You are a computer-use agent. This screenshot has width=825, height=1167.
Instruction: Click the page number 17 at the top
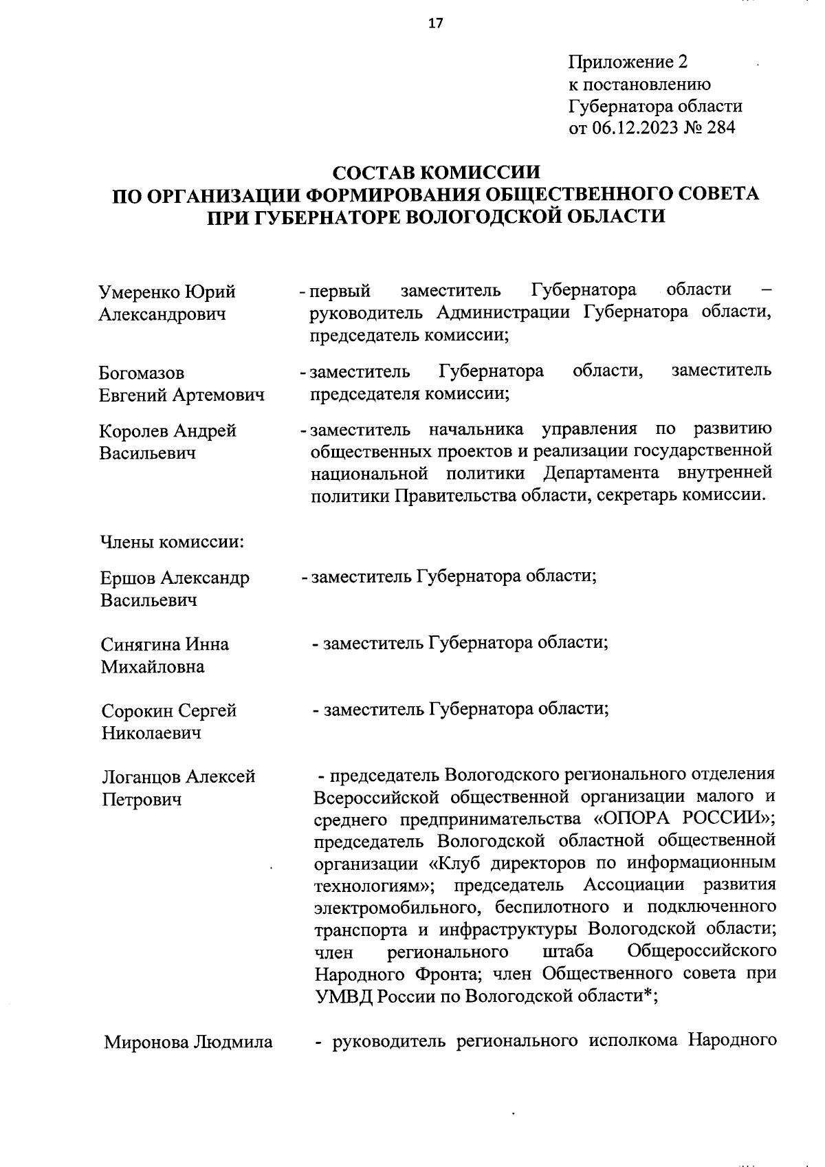click(x=435, y=23)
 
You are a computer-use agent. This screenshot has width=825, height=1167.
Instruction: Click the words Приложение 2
click(x=628, y=63)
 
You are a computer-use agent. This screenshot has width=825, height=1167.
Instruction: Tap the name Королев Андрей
click(x=168, y=430)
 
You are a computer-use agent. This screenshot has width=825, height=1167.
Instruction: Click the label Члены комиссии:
click(x=172, y=542)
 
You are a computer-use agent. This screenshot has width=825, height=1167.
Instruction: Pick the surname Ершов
click(x=126, y=578)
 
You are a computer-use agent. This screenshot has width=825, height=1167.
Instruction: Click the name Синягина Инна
click(x=165, y=644)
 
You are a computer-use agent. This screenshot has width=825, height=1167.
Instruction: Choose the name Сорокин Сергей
click(x=169, y=710)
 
